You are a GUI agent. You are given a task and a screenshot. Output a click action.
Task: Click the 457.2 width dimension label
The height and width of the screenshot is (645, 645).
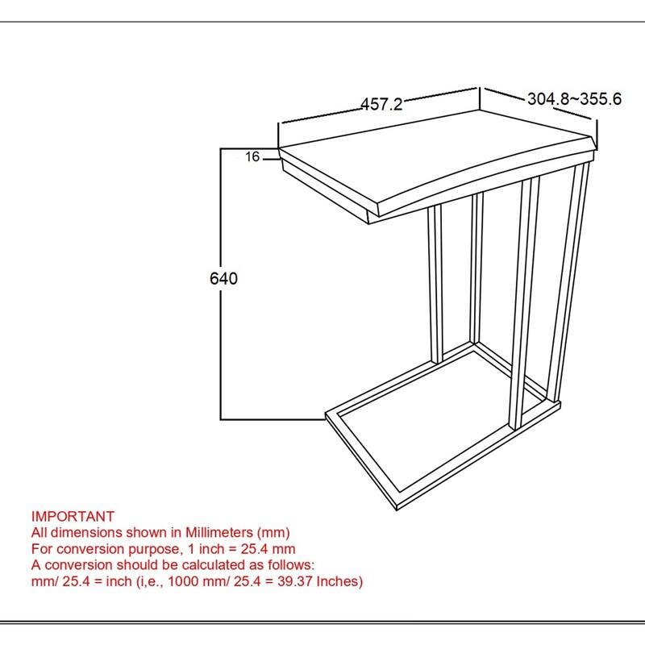(x=381, y=104)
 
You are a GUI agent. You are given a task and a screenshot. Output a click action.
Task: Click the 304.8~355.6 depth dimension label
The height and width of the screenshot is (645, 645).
(x=574, y=99)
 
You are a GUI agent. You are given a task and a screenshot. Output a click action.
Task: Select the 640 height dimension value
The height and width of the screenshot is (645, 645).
(x=223, y=278)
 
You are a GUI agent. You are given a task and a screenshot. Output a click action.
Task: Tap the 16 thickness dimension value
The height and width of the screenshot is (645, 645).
(x=252, y=156)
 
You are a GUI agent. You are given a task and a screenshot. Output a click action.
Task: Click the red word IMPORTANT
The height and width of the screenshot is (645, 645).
(x=73, y=516)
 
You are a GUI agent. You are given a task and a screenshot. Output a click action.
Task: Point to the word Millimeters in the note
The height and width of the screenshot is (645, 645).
(x=219, y=532)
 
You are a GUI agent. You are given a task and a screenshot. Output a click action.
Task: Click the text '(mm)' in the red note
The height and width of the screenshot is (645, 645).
(x=273, y=533)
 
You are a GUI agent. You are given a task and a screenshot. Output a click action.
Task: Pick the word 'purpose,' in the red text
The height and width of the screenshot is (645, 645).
(x=156, y=549)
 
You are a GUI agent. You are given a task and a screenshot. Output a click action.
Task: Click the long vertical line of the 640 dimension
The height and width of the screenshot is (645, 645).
(x=221, y=284)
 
